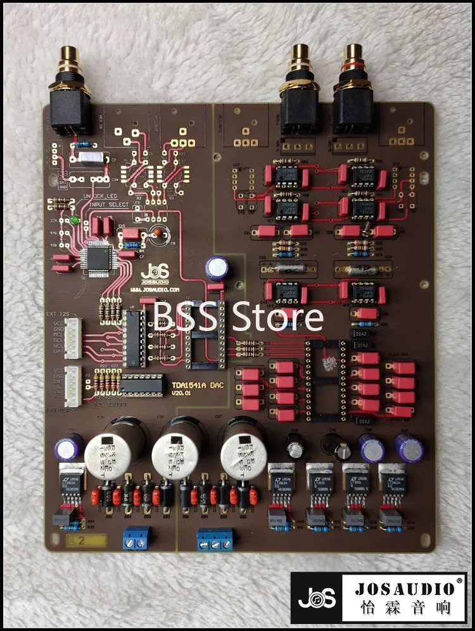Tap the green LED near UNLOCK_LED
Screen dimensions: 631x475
pyautogui.click(x=75, y=221)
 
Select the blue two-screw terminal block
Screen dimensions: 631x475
pyautogui.click(x=137, y=537)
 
